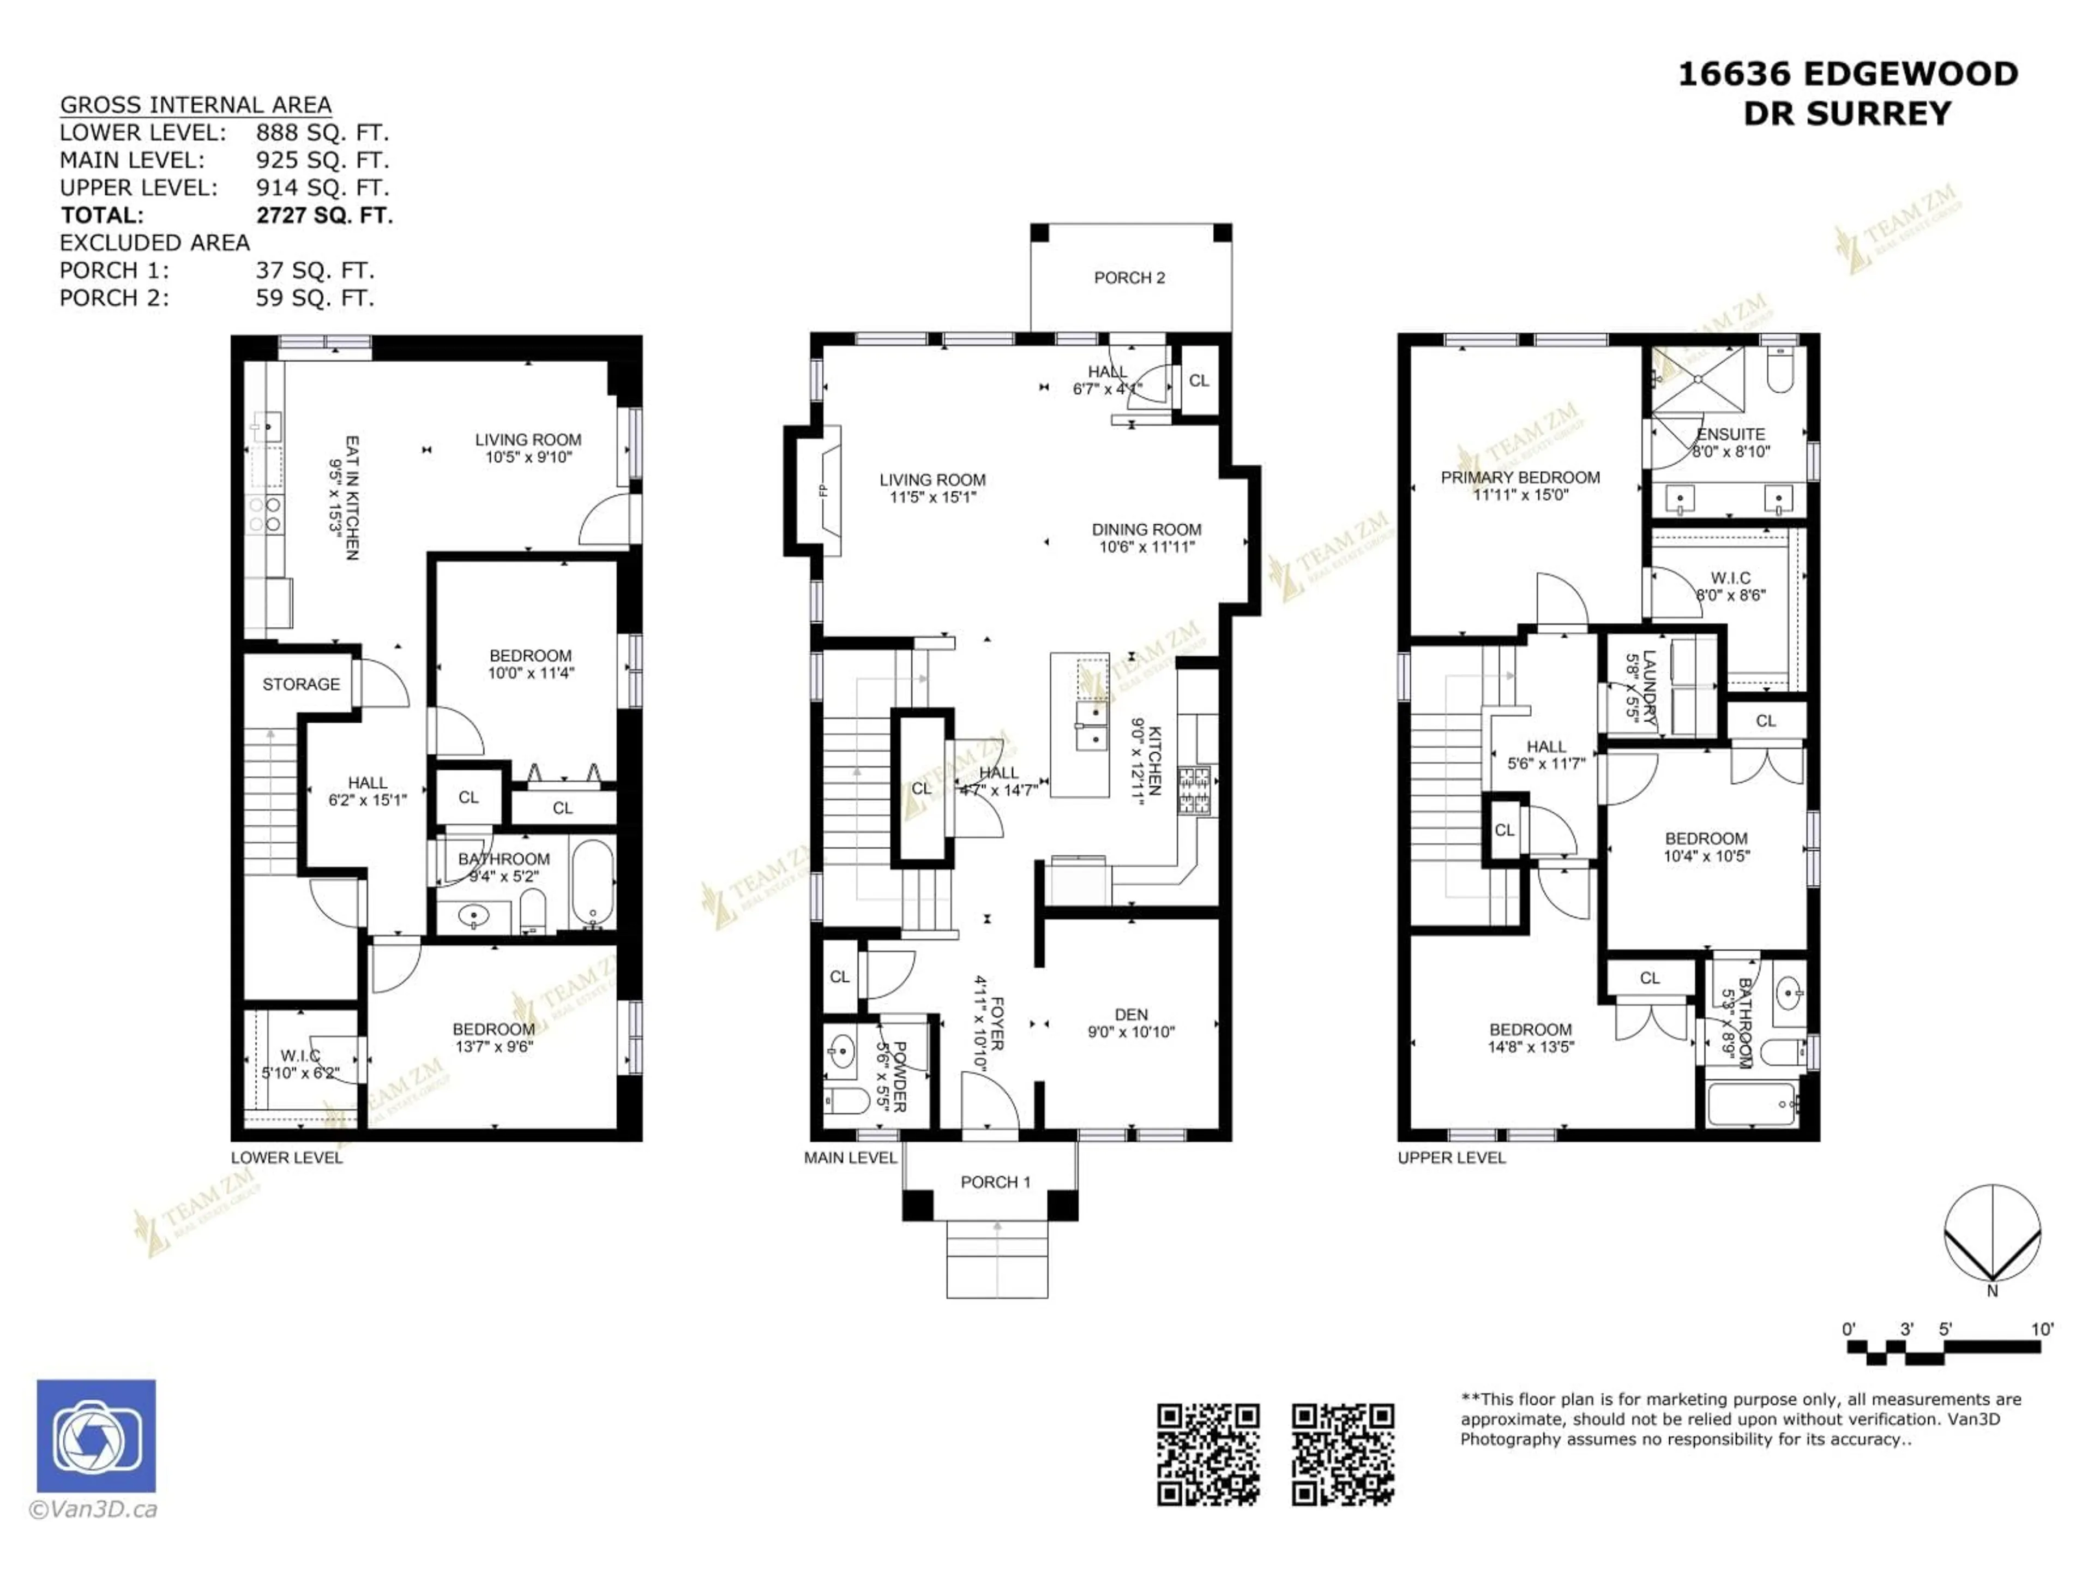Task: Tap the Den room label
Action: pyautogui.click(x=1132, y=1014)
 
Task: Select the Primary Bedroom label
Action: pyautogui.click(x=1520, y=477)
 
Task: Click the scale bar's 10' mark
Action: pyautogui.click(x=2042, y=1329)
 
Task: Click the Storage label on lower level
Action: pyautogui.click(x=301, y=683)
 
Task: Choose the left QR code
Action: pyautogui.click(x=1208, y=1454)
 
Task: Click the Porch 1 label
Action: pyautogui.click(x=995, y=1182)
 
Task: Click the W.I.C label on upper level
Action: pyautogui.click(x=1730, y=578)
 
